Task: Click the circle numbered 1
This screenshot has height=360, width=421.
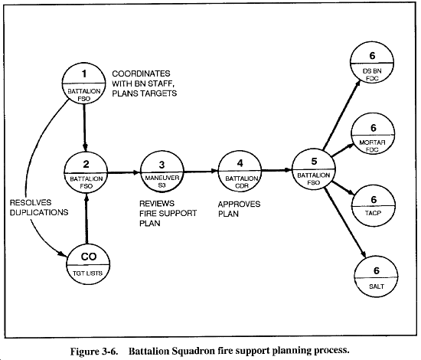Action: (83, 83)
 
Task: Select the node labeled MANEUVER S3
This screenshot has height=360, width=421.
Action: (162, 172)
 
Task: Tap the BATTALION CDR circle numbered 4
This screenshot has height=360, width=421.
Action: (240, 171)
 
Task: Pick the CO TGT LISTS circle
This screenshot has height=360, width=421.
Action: (88, 264)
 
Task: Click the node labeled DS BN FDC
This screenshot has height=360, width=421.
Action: (372, 63)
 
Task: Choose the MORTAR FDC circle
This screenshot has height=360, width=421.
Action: (374, 134)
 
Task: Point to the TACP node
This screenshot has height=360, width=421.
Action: (374, 206)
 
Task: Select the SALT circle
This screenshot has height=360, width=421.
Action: (376, 277)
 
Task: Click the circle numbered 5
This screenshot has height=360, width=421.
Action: (314, 169)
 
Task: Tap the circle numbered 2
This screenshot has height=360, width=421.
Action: (86, 172)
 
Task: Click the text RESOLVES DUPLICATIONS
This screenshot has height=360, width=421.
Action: (39, 208)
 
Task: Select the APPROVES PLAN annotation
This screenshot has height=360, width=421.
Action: (239, 209)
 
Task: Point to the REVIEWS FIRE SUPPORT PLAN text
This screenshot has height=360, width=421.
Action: (168, 213)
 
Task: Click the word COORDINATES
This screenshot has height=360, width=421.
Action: (141, 74)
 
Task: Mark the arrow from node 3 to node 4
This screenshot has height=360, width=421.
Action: (201, 171)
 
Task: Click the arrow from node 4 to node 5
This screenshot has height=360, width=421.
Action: (276, 170)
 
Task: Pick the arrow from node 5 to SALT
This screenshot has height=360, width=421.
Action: (344, 222)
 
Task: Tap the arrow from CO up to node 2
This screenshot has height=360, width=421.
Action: (86, 218)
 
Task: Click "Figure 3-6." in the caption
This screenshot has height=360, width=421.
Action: (94, 352)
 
